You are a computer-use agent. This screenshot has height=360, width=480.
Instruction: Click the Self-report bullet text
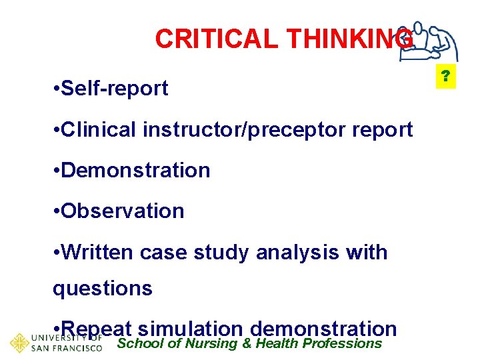pyautogui.click(x=114, y=89)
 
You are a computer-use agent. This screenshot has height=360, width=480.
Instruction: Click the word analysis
pyautogui.click(x=303, y=253)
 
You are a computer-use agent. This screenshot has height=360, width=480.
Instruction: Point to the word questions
pyautogui.click(x=103, y=289)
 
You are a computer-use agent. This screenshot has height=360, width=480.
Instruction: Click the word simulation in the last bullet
pyautogui.click(x=191, y=329)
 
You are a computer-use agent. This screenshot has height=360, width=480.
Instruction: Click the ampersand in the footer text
pyautogui.click(x=247, y=344)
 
